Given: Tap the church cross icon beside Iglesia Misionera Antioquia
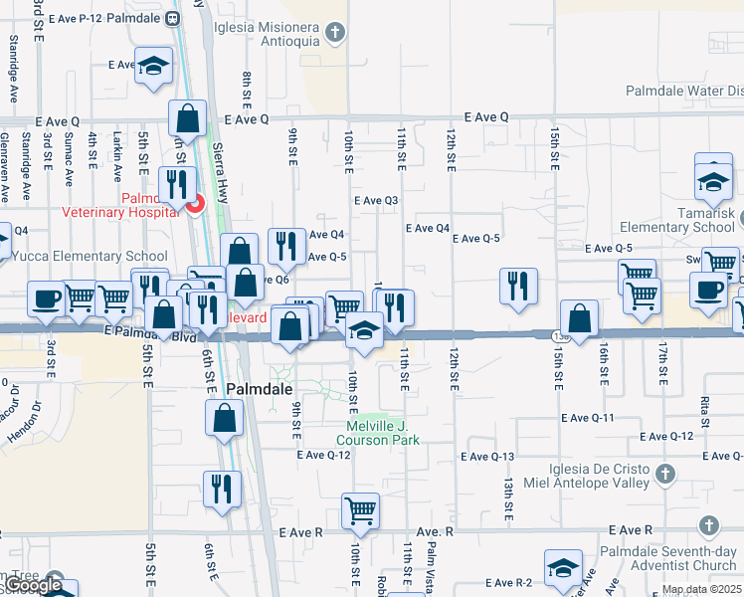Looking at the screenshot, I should pyautogui.click(x=336, y=33).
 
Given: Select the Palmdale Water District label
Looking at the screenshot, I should pyautogui.click(x=683, y=92).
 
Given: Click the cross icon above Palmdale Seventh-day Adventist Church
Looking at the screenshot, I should pyautogui.click(x=708, y=524).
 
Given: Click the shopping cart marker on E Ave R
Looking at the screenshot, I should pyautogui.click(x=359, y=511).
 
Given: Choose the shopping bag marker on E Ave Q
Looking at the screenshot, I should pyautogui.click(x=187, y=118).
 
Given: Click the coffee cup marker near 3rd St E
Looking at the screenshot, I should pyautogui.click(x=47, y=299).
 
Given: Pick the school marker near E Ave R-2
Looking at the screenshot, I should pyautogui.click(x=563, y=568).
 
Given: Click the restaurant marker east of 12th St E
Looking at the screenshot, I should pyautogui.click(x=517, y=286).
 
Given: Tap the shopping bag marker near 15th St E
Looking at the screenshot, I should pyautogui.click(x=579, y=318).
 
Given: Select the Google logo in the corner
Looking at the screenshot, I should pyautogui.click(x=34, y=585).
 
